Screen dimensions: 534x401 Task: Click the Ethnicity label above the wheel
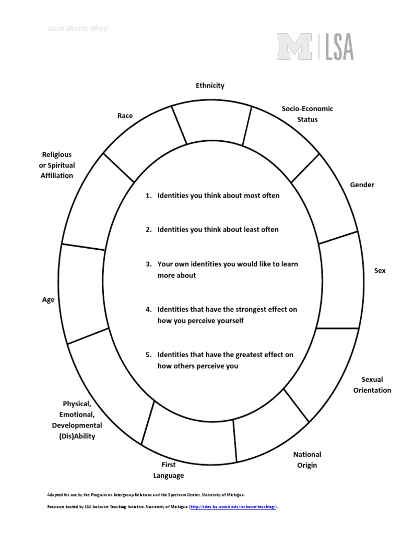click(x=210, y=86)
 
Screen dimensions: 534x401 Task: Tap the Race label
click(x=125, y=116)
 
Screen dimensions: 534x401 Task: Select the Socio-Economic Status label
click(x=307, y=114)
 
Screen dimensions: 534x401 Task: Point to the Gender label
click(x=362, y=185)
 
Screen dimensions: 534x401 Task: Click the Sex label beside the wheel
click(x=380, y=271)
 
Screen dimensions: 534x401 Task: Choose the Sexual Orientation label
click(x=372, y=385)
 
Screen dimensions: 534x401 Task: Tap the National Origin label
click(x=307, y=460)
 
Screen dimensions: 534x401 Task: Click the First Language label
click(x=168, y=470)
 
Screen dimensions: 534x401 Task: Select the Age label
click(x=48, y=300)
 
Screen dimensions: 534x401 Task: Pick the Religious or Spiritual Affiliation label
click(x=57, y=165)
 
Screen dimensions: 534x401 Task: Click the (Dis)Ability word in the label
click(x=77, y=436)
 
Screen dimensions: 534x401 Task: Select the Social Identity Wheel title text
click(x=78, y=29)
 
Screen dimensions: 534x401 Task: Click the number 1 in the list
click(x=148, y=196)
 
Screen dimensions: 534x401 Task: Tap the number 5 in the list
click(x=148, y=355)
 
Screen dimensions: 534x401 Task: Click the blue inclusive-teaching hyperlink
click(x=233, y=507)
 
